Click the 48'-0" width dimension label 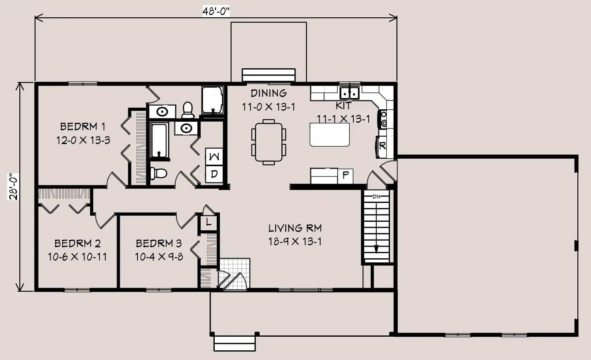pyautogui.click(x=216, y=11)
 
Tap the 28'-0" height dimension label pyautogui.click(x=13, y=187)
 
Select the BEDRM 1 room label pyautogui.click(x=82, y=127)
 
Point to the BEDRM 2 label pyautogui.click(x=77, y=243)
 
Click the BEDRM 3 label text pyautogui.click(x=158, y=243)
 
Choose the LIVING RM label pyautogui.click(x=295, y=228)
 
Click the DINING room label pyautogui.click(x=269, y=93)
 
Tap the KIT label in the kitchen pyautogui.click(x=343, y=106)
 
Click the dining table pyautogui.click(x=269, y=142)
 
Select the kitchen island pyautogui.click(x=330, y=135)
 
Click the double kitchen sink pyautogui.click(x=350, y=93)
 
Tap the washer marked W pyautogui.click(x=214, y=157)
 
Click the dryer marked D pyautogui.click(x=214, y=174)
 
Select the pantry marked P pyautogui.click(x=345, y=176)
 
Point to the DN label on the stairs pyautogui.click(x=376, y=196)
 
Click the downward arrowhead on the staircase pyautogui.click(x=376, y=249)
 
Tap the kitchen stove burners pyautogui.click(x=384, y=119)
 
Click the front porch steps pyautogui.click(x=234, y=344)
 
